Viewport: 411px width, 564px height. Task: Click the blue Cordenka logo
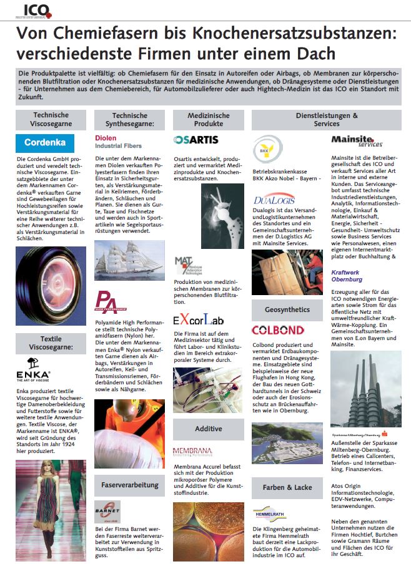(x=45, y=143)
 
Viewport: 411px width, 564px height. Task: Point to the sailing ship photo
(x=129, y=260)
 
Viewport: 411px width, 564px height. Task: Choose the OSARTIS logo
(x=196, y=140)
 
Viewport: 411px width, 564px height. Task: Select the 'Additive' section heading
(x=208, y=429)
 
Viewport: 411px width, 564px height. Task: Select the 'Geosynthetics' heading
(x=287, y=309)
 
